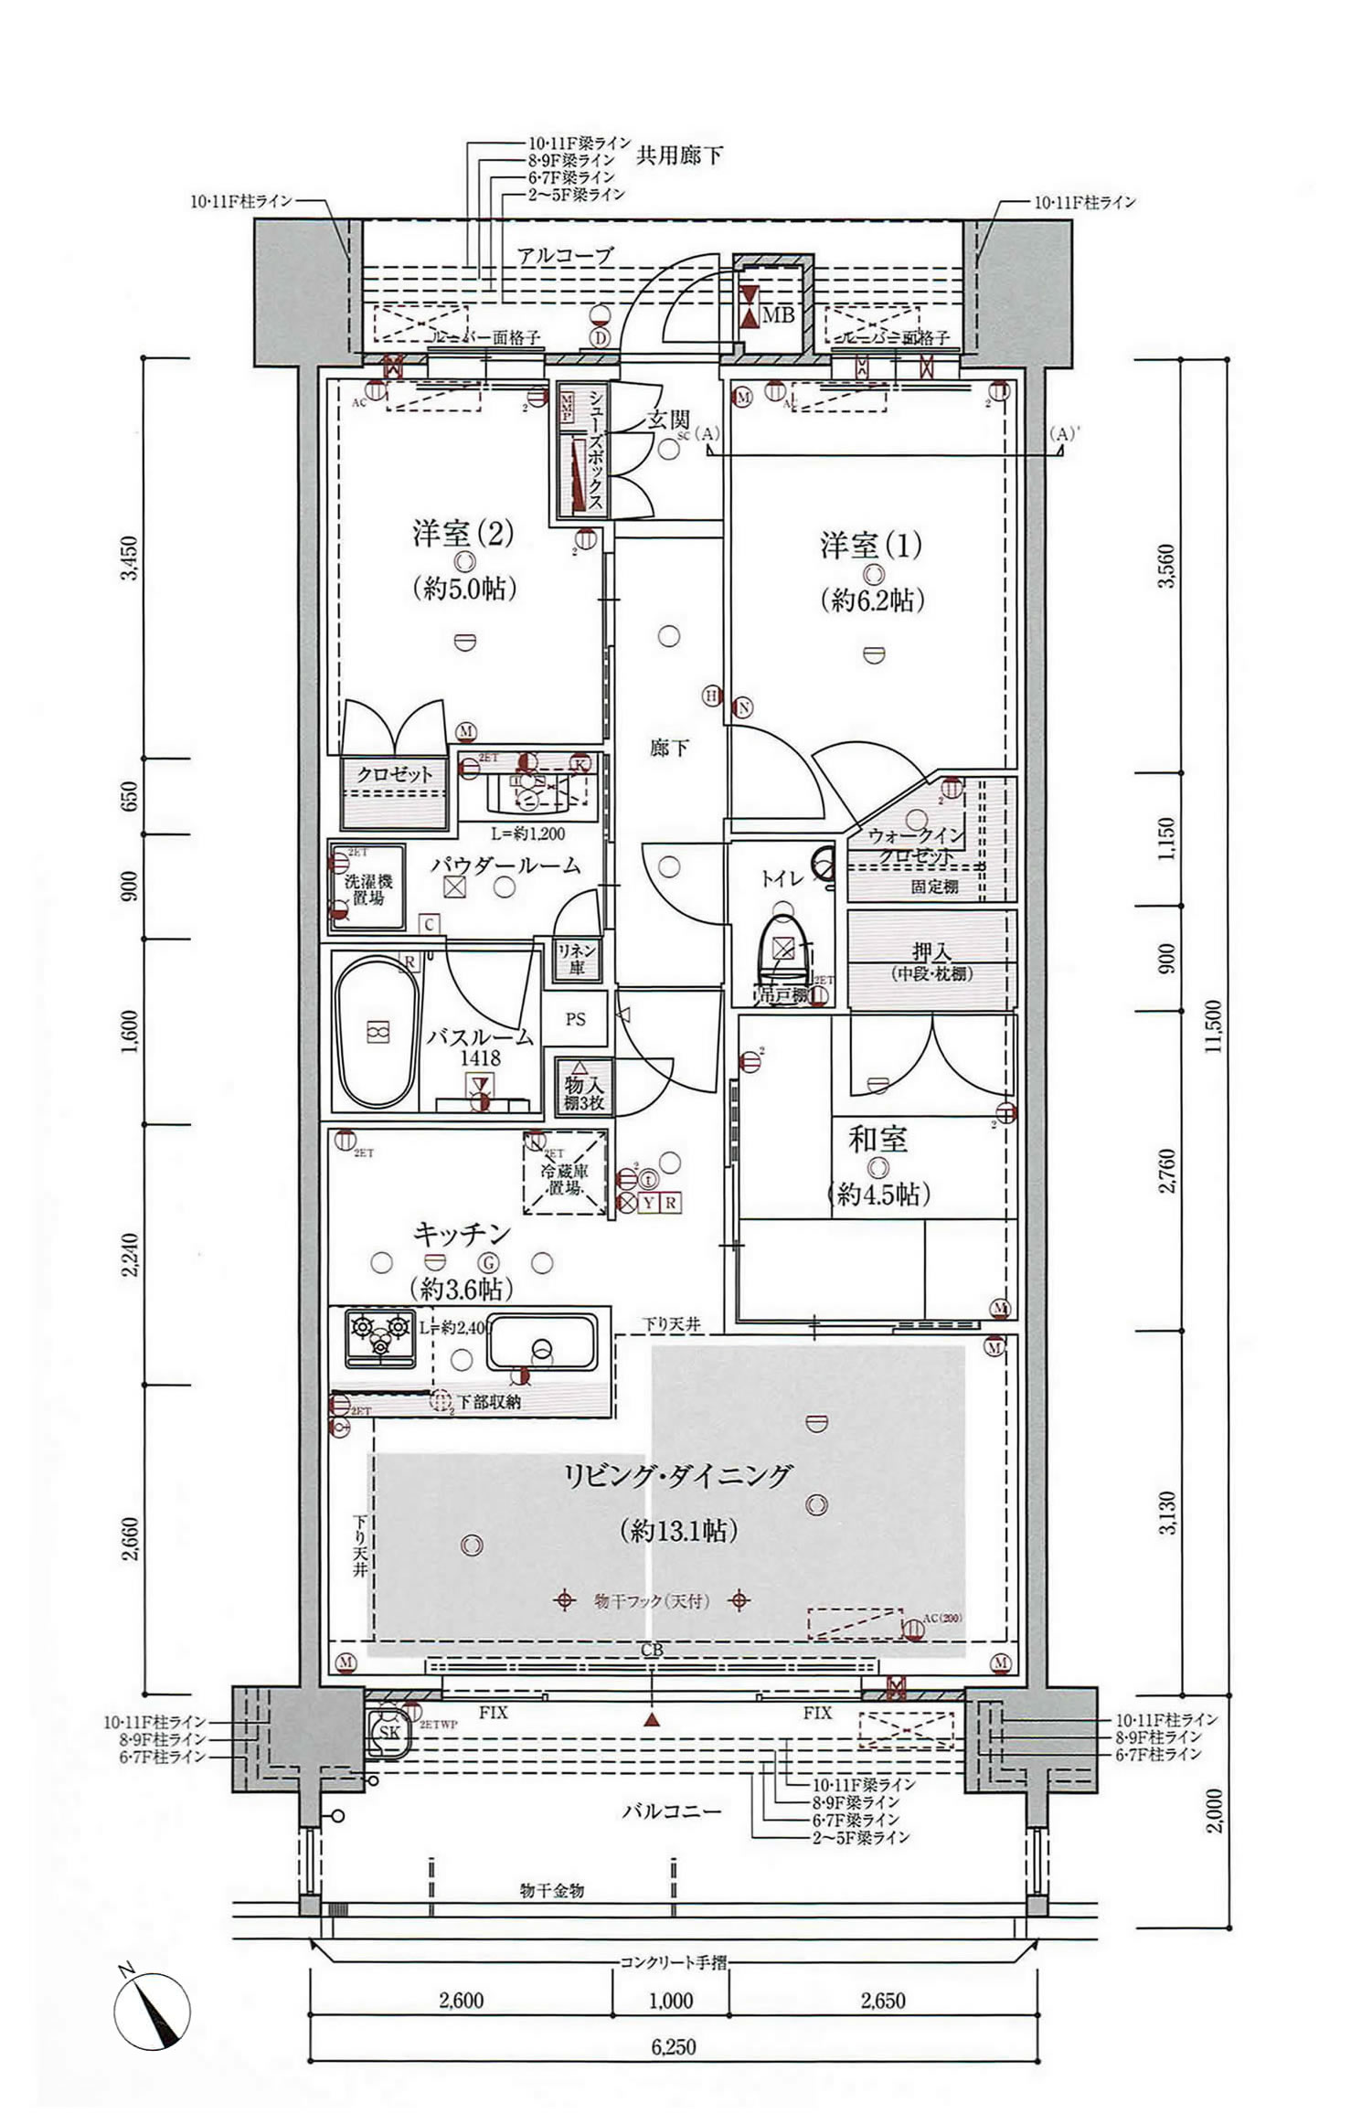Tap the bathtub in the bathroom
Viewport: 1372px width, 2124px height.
pos(377,1031)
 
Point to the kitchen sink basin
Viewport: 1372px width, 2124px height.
pos(542,1341)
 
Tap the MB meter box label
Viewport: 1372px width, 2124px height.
pos(778,315)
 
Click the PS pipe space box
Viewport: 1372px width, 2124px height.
pos(575,1019)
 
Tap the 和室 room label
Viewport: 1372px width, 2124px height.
pos(877,1140)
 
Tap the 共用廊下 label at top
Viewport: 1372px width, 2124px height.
pos(678,155)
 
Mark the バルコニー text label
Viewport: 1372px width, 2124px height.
pos(672,1811)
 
